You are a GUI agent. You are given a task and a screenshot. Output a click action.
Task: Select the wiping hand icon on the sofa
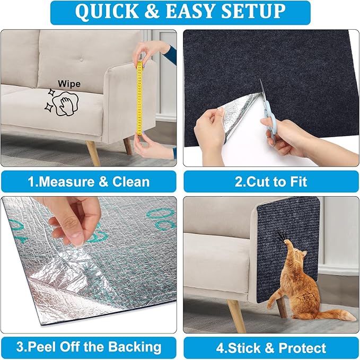66,101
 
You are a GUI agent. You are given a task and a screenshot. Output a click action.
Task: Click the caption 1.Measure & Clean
89,182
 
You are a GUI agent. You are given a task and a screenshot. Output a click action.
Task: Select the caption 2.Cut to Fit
271,182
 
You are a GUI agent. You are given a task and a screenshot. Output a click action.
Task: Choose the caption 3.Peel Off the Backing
89,347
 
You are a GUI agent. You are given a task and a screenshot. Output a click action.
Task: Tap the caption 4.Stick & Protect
271,348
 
